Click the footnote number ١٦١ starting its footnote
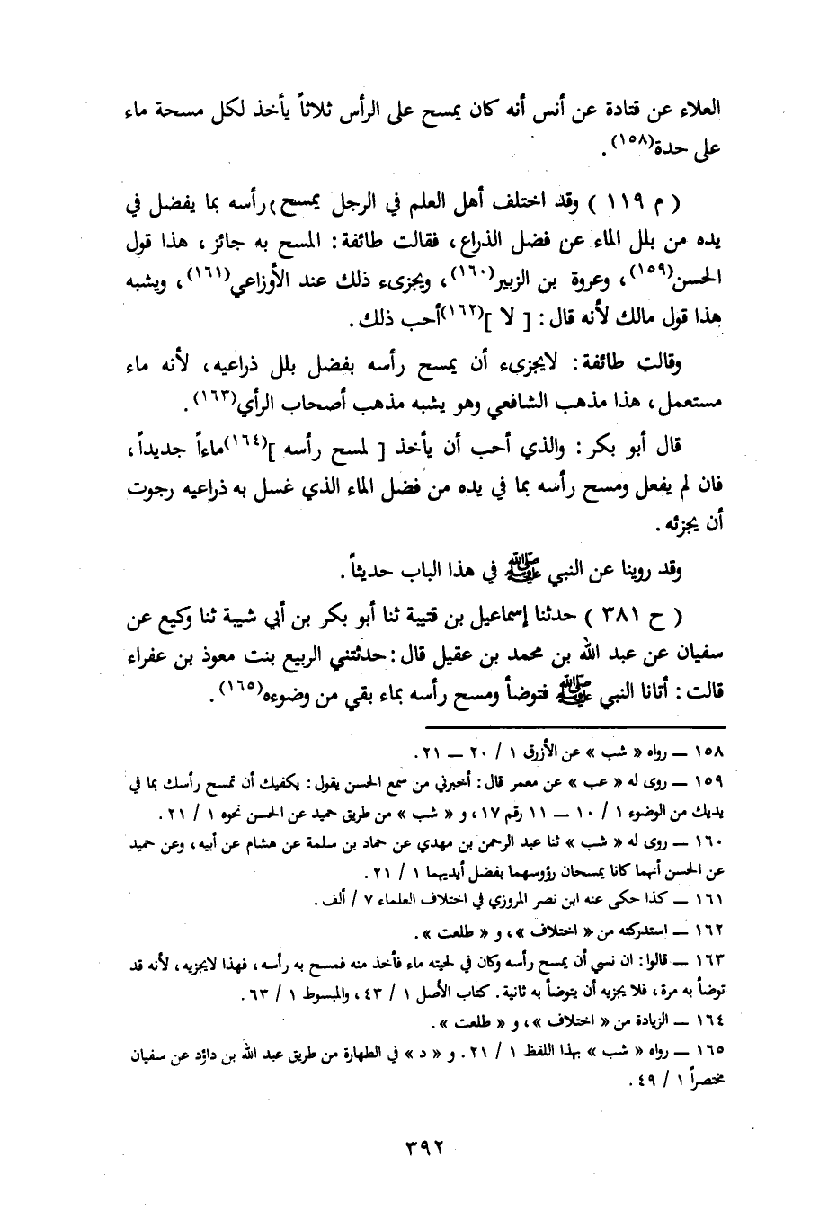coord(739,899)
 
